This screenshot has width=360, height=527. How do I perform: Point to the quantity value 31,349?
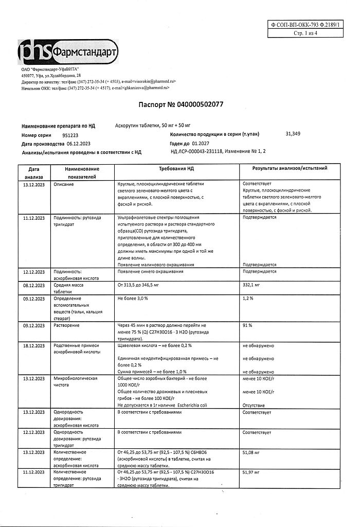292,134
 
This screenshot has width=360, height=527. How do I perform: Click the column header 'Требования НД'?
176,168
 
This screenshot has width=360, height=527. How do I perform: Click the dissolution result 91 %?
247,325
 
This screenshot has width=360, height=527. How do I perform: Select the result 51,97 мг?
252,471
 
